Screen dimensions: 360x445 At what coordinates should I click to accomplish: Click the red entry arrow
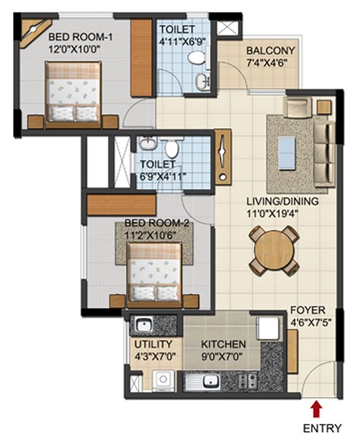(x=317, y=409)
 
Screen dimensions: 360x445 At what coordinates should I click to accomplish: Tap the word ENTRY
(x=322, y=428)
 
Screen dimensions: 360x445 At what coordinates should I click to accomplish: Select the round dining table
(x=274, y=251)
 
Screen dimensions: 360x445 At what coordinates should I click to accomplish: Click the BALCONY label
(x=270, y=50)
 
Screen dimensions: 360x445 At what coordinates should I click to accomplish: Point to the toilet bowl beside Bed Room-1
(x=196, y=58)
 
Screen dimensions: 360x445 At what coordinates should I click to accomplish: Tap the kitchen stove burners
(x=248, y=380)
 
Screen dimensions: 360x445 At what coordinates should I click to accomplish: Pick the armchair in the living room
(x=297, y=107)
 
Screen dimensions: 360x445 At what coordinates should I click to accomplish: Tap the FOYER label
(x=308, y=310)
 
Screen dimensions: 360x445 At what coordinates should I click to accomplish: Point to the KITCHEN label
(x=224, y=344)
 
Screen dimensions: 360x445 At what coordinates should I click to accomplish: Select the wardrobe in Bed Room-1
(x=142, y=57)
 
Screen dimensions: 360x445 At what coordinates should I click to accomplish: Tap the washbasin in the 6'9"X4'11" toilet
(x=148, y=143)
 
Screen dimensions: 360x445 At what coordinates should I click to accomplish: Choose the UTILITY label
(x=153, y=344)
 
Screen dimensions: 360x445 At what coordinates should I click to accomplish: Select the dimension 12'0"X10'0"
(x=75, y=50)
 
